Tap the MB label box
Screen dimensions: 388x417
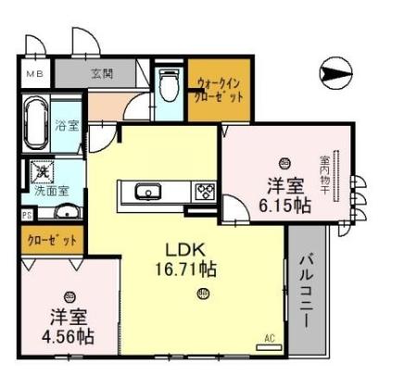(x=34, y=73)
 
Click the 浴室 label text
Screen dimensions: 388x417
(x=67, y=124)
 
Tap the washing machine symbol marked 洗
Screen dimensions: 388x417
(x=42, y=171)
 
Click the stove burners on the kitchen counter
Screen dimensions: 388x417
(x=204, y=192)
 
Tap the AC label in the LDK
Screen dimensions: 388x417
(x=270, y=337)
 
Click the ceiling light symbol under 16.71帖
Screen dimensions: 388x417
(x=202, y=294)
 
